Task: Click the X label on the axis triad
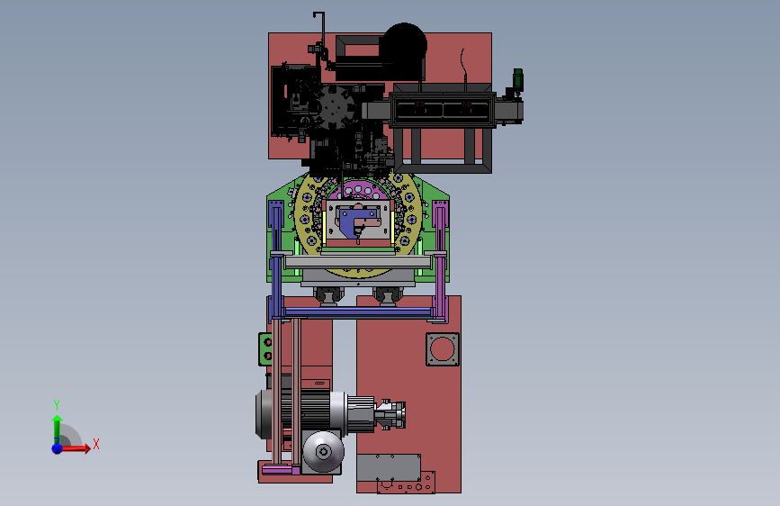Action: pos(96,444)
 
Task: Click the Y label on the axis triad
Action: pos(57,405)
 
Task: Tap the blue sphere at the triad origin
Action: pos(58,448)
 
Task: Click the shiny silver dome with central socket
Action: pos(323,452)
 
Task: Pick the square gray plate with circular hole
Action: pos(443,349)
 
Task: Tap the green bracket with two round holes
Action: pos(265,349)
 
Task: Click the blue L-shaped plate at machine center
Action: pos(354,221)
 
